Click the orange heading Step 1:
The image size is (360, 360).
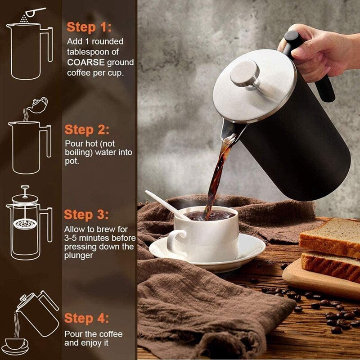pyautogui.click(x=88, y=27)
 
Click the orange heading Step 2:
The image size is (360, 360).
pyautogui.click(x=87, y=130)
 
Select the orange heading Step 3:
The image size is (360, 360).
pyautogui.click(x=87, y=214)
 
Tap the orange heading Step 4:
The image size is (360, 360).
pyautogui.click(x=87, y=318)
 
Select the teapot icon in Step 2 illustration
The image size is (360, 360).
pyautogui.click(x=39, y=104)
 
